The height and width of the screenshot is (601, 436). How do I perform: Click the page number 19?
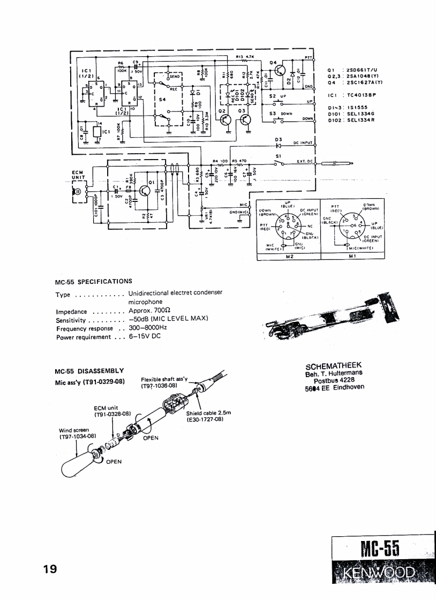pos(51,569)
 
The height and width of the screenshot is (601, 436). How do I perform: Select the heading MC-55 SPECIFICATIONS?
pos(93,281)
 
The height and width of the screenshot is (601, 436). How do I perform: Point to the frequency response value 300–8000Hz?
pos(148,328)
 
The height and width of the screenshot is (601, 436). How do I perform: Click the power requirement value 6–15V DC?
pos(144,336)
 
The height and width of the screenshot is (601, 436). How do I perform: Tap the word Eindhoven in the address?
pos(348,388)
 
